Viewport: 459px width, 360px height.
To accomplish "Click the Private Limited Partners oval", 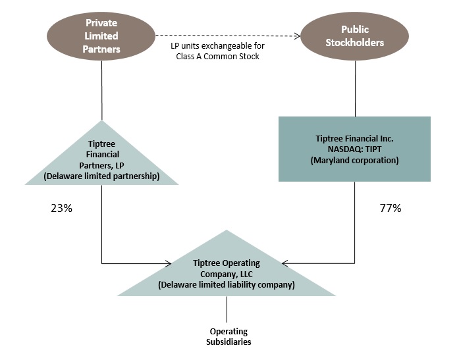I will point(103,36).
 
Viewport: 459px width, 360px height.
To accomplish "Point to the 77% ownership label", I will point(391,209).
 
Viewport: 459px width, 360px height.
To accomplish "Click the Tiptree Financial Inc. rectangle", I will point(354,149).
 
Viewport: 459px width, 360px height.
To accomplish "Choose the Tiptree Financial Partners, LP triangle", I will point(103,158).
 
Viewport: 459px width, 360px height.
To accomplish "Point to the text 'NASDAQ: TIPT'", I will point(354,149).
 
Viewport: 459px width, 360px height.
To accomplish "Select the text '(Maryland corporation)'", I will point(354,160).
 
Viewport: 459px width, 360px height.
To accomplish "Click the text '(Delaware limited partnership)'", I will point(103,176).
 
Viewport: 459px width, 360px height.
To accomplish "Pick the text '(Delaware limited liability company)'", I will point(226,285).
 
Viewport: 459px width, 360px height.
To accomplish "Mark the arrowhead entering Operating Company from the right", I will point(284,263).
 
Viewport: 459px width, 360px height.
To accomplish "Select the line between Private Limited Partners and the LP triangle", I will point(103,89).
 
